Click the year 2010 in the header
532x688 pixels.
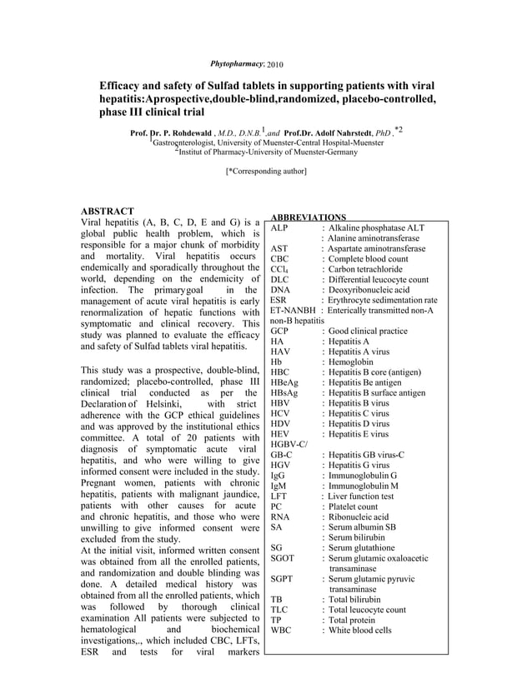pyautogui.click(x=274, y=65)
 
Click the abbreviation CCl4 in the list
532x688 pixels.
pyautogui.click(x=279, y=269)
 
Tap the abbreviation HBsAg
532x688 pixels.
pyautogui.click(x=284, y=392)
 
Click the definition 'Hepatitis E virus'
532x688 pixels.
pyautogui.click(x=359, y=434)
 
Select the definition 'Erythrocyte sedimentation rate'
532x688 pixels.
pyautogui.click(x=382, y=300)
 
